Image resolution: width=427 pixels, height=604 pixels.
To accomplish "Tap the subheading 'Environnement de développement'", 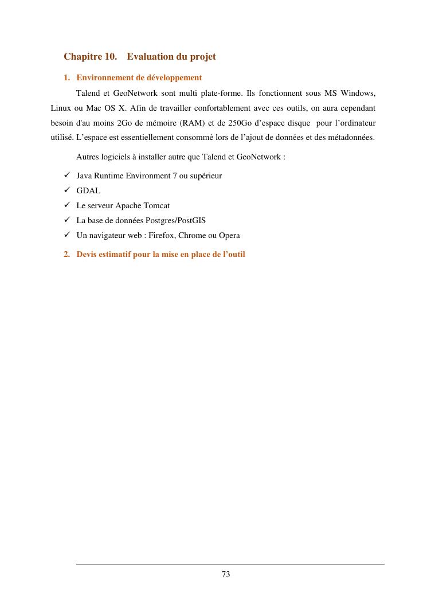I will point(139,77).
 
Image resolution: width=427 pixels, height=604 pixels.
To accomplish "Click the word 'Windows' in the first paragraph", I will point(358,93).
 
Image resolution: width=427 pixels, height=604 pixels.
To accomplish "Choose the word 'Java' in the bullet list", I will point(84,176).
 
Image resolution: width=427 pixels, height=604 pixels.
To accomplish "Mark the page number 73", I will point(226,575).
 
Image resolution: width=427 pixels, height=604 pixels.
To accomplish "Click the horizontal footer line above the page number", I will point(230,564).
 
